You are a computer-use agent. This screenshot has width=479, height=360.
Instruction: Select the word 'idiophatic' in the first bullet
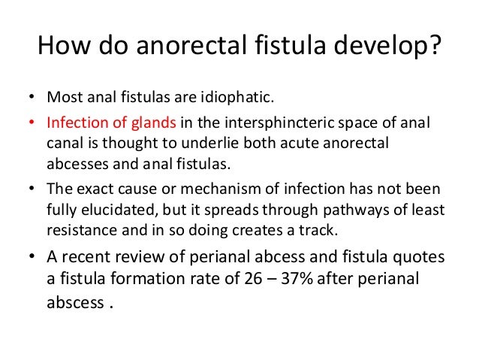coord(228,99)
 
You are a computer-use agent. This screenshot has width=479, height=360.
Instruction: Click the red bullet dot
coord(32,123)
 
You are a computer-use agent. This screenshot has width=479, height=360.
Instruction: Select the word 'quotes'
coord(419,256)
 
